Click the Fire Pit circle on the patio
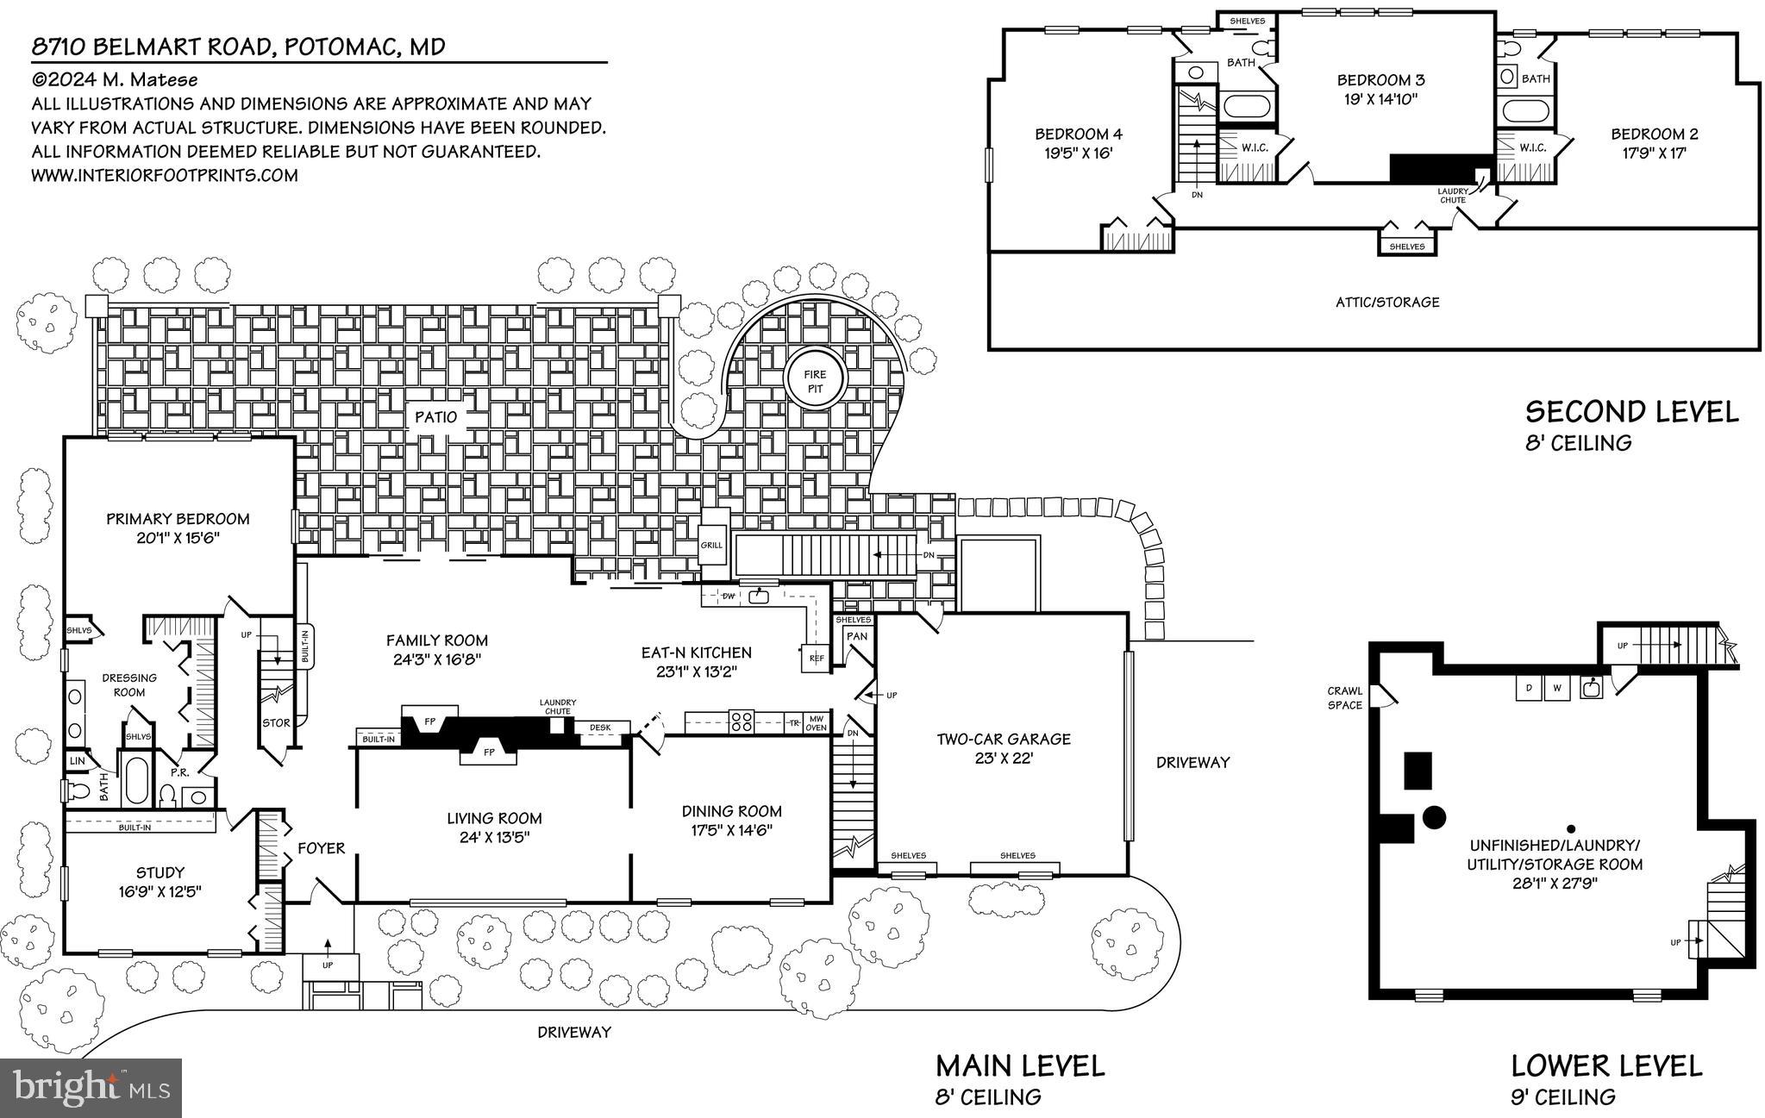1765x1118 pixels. pyautogui.click(x=815, y=381)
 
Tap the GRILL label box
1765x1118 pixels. pyautogui.click(x=711, y=545)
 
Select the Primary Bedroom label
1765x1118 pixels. pyautogui.click(x=178, y=519)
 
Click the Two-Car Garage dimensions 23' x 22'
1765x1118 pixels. pyautogui.click(x=1004, y=759)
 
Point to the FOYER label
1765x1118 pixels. pyautogui.click(x=322, y=848)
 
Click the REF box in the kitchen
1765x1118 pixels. pyautogui.click(x=816, y=659)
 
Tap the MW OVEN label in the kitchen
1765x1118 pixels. pyautogui.click(x=816, y=722)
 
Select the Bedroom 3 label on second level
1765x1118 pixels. pyautogui.click(x=1380, y=80)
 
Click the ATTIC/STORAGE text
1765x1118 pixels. pyautogui.click(x=1387, y=302)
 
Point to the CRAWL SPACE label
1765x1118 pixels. pyautogui.click(x=1344, y=697)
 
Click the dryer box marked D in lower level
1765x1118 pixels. pyautogui.click(x=1529, y=688)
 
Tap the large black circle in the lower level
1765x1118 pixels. pyautogui.click(x=1433, y=815)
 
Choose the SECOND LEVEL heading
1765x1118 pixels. pyautogui.click(x=1631, y=412)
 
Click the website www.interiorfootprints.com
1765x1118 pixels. pyautogui.click(x=165, y=175)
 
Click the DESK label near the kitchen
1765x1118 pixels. pyautogui.click(x=600, y=728)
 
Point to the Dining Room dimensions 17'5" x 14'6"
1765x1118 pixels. pyautogui.click(x=731, y=831)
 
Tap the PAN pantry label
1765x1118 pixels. pyautogui.click(x=857, y=637)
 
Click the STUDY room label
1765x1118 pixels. pyautogui.click(x=160, y=872)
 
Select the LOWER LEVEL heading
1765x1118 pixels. pyautogui.click(x=1606, y=1066)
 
